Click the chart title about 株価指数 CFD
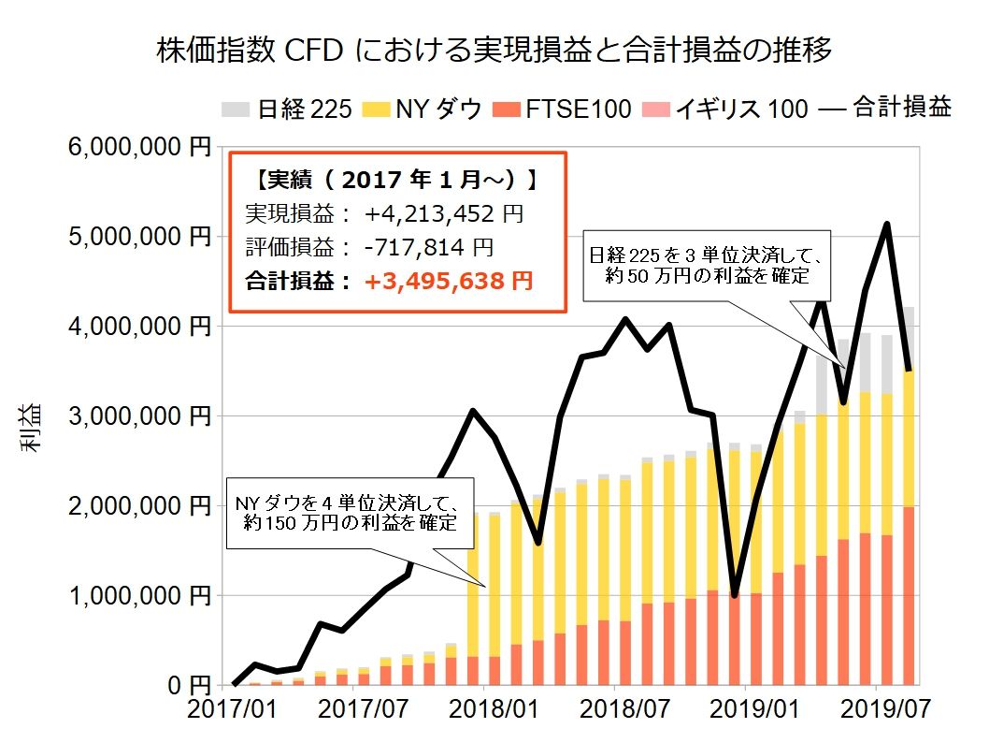tap(494, 50)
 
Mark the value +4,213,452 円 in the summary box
tap(444, 213)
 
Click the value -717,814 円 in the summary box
tap(428, 248)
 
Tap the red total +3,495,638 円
tap(449, 281)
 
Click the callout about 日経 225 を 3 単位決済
tap(704, 265)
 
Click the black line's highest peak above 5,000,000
tap(886, 225)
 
